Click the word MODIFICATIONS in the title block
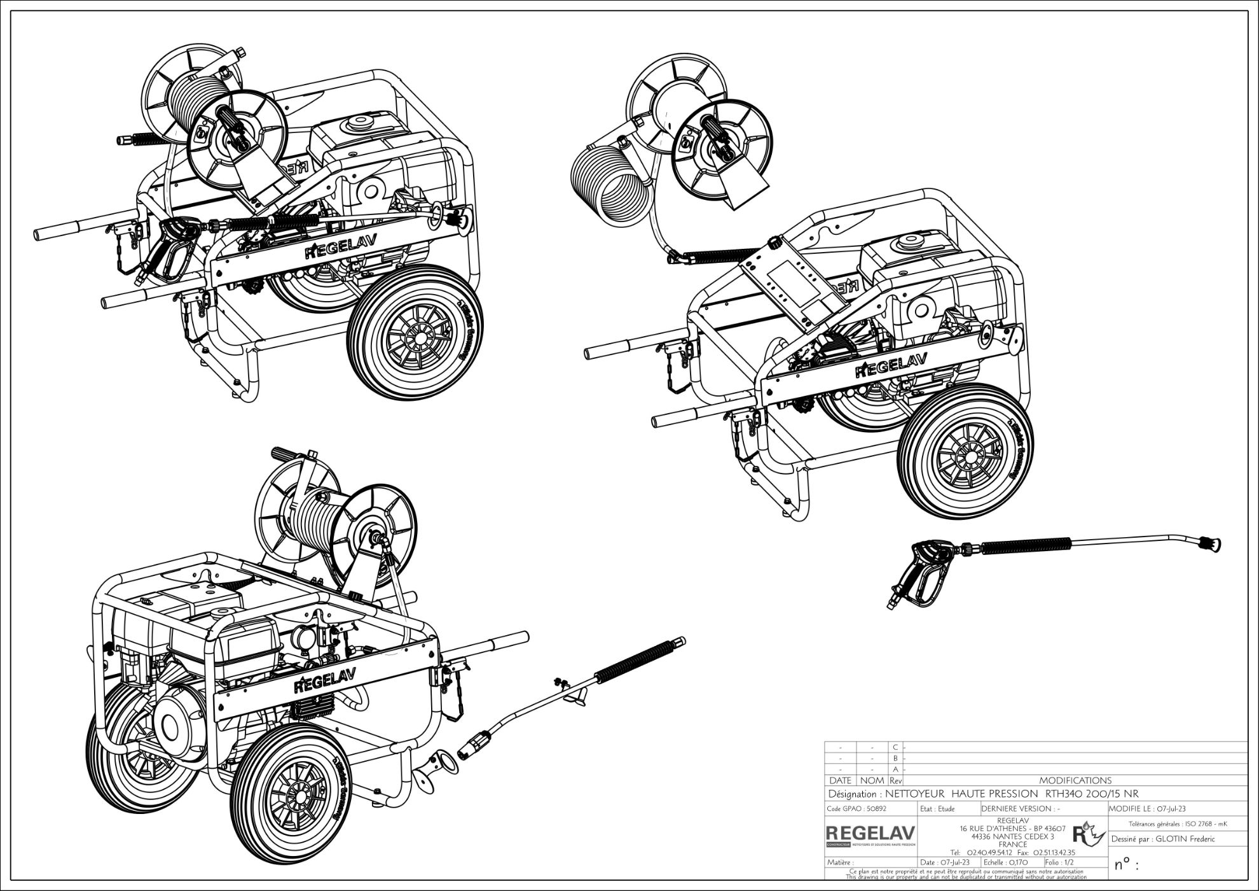pos(1075,780)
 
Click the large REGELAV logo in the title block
pos(870,833)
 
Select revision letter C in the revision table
pos(895,747)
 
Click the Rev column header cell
pos(895,780)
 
